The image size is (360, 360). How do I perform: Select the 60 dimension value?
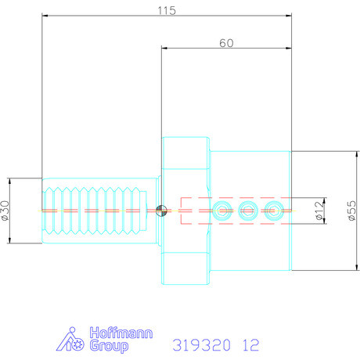click(226, 44)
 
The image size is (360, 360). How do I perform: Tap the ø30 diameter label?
click(6, 210)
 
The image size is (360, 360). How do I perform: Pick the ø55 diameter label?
click(351, 210)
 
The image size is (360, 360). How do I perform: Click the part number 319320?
click(198, 344)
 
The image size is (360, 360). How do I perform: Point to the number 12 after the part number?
click(251, 344)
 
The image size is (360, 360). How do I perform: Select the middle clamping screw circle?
click(248, 210)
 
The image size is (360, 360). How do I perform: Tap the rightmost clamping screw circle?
click(273, 210)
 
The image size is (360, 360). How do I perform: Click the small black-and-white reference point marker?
click(161, 210)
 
